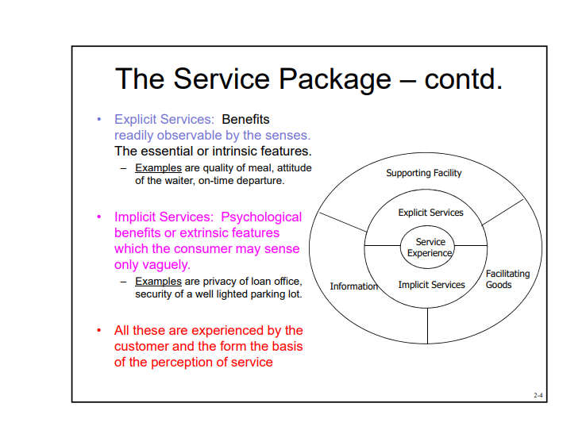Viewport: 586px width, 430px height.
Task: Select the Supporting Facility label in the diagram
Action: (423, 173)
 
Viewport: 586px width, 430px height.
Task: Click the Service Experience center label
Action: (430, 248)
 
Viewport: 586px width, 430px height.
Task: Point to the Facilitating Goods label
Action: (507, 279)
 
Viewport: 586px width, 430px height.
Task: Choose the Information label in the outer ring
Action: (353, 286)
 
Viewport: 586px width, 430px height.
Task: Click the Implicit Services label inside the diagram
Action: (431, 285)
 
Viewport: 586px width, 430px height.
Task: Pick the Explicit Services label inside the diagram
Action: (430, 213)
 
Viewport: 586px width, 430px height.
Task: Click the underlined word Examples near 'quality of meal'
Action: (158, 167)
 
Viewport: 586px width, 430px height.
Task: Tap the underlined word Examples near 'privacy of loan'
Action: (158, 282)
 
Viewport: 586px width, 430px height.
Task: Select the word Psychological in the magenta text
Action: (261, 217)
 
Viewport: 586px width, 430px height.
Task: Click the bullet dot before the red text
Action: (99, 330)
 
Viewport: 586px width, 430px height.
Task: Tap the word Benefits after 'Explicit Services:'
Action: (245, 119)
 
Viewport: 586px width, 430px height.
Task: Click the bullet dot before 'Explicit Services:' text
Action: (99, 119)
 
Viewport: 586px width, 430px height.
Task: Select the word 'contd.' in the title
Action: (464, 79)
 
